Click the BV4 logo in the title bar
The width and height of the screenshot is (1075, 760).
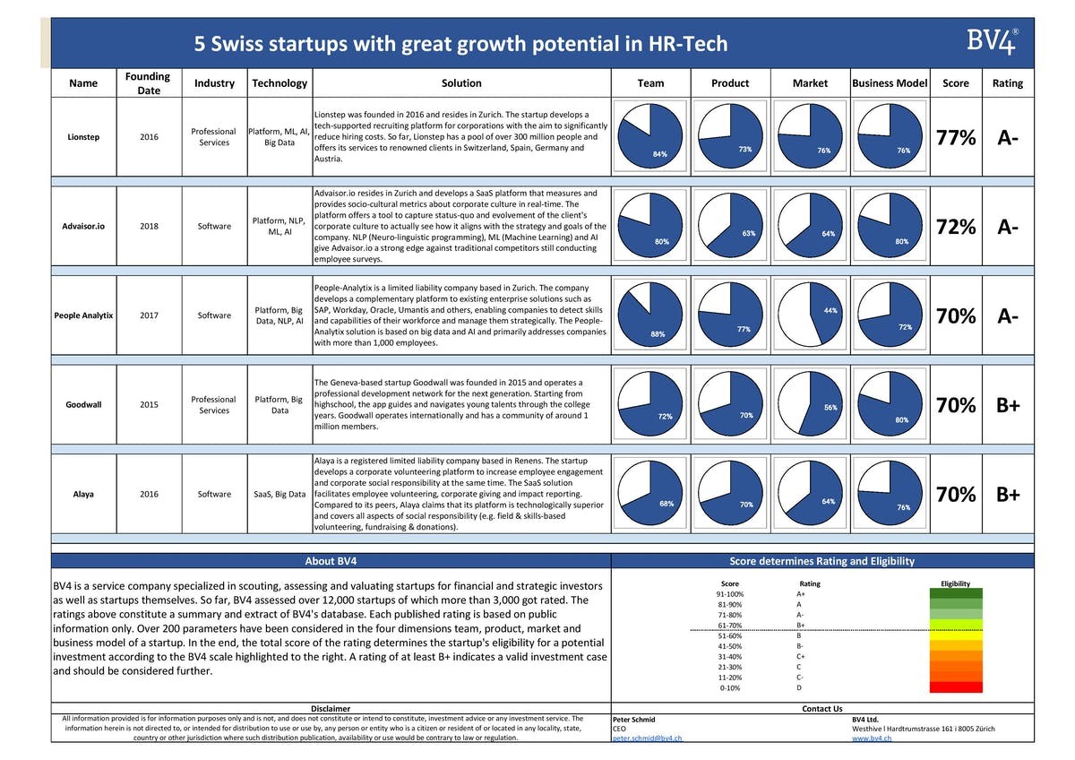click(992, 42)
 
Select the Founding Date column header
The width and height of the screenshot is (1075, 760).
click(148, 82)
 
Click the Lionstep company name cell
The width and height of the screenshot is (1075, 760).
click(83, 137)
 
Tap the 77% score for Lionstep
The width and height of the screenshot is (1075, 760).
click(955, 137)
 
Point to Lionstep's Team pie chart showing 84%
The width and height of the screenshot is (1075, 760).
click(650, 136)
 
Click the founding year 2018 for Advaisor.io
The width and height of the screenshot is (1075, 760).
click(149, 226)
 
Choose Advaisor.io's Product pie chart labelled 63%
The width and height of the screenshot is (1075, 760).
click(729, 225)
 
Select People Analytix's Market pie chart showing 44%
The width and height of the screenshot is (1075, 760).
click(810, 315)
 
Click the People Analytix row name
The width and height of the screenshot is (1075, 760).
click(83, 315)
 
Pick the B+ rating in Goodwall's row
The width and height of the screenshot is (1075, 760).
click(1007, 405)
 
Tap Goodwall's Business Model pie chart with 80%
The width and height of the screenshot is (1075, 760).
click(890, 404)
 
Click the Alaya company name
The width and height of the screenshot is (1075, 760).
click(83, 494)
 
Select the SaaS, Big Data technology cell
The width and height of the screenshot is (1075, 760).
click(279, 494)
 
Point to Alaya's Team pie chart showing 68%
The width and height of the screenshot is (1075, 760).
click(650, 494)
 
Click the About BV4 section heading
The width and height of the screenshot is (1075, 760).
click(331, 561)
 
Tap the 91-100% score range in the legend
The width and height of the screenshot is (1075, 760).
click(729, 593)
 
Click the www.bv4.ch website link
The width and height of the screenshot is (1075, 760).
click(872, 738)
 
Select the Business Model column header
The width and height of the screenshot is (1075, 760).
click(890, 82)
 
